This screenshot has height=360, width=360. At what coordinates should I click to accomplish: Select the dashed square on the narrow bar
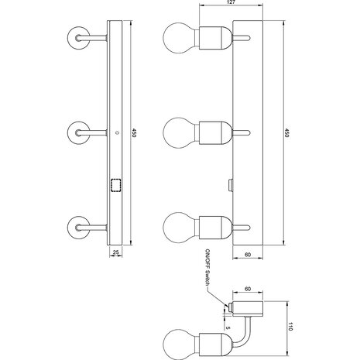click(x=117, y=186)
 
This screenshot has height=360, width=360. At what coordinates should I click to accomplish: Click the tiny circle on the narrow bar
click(x=117, y=132)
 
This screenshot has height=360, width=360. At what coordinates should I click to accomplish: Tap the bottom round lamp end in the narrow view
click(x=79, y=227)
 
